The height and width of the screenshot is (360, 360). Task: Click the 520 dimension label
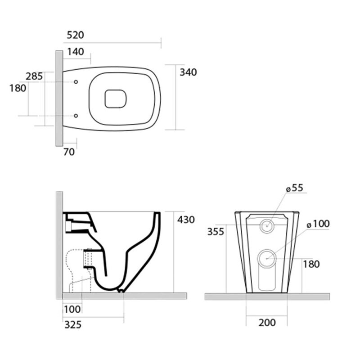(x=75, y=35)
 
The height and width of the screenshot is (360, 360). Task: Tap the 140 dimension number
(x=76, y=52)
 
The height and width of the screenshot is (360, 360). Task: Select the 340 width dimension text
(x=188, y=72)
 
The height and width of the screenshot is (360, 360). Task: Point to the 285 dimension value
(x=34, y=76)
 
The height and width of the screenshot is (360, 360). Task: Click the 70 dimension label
(x=69, y=152)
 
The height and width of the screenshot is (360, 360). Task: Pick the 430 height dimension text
(x=186, y=220)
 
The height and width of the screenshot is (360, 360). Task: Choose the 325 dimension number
(x=73, y=325)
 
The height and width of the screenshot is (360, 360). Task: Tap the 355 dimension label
(x=216, y=232)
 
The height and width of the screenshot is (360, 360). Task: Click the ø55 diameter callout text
(x=295, y=188)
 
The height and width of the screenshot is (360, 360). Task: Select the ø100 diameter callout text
(x=318, y=224)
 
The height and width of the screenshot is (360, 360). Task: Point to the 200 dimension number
(x=267, y=323)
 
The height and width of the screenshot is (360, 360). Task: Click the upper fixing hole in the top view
(x=76, y=82)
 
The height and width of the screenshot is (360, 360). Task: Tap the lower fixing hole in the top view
(x=76, y=116)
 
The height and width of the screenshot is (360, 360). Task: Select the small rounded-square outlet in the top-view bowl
(x=116, y=99)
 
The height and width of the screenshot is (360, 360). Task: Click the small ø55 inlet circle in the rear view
(x=267, y=226)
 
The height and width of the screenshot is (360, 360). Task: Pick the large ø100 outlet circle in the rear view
(x=267, y=258)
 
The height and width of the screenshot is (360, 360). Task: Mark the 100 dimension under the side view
(x=72, y=310)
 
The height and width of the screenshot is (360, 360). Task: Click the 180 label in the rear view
(x=311, y=264)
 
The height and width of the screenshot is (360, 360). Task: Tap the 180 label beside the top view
(x=18, y=88)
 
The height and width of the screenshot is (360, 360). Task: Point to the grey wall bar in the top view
(x=59, y=99)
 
